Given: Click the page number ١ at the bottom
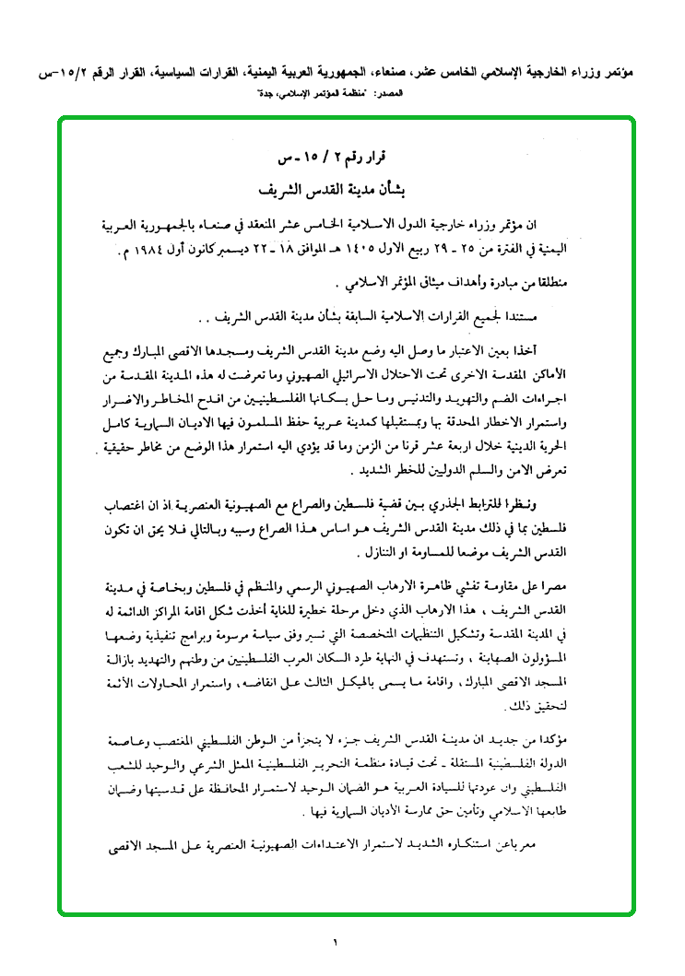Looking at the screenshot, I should tap(337, 942).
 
